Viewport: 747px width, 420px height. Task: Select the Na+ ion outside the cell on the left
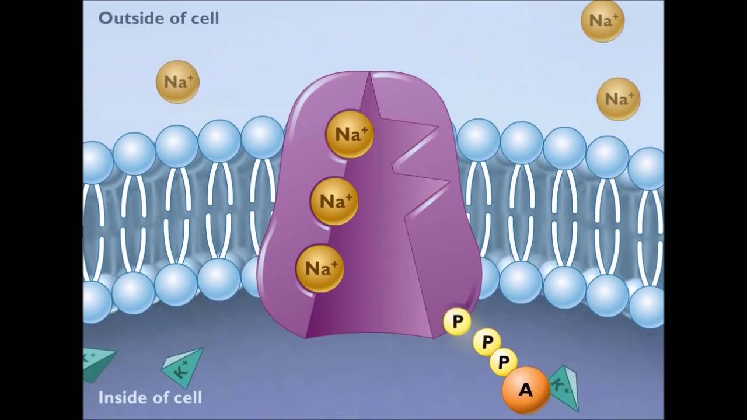pos(177,82)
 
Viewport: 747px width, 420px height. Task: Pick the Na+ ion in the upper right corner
pos(602,20)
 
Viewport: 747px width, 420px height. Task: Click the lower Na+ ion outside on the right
pos(618,99)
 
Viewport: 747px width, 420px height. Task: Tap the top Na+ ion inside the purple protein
pos(350,134)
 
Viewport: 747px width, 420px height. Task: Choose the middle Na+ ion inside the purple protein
pos(334,201)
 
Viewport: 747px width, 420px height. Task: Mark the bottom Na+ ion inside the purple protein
pos(319,268)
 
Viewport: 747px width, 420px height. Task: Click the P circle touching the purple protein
pos(457,321)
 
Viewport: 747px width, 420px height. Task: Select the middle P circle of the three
pos(487,341)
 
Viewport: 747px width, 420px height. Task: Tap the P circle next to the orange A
pos(503,362)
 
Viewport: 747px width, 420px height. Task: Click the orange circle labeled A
pos(525,389)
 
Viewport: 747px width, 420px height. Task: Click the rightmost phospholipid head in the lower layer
pos(647,306)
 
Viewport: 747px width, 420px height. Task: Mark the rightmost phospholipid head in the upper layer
pos(647,168)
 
